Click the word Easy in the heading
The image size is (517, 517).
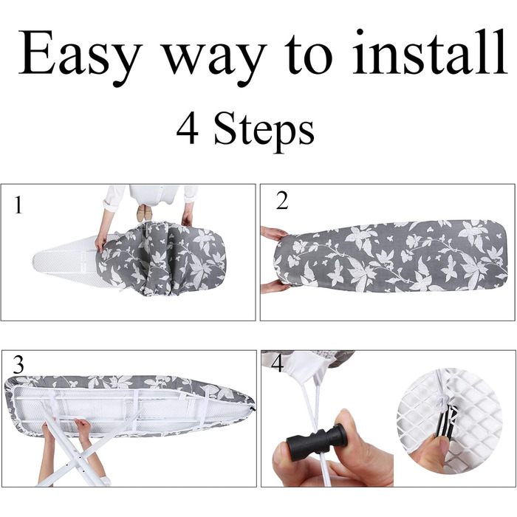point(80,55)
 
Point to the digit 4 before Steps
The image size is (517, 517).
point(188,128)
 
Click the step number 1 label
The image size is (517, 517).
point(18,205)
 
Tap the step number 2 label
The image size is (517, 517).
point(282,200)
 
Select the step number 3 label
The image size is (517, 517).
point(18,365)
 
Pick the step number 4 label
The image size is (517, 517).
point(277,364)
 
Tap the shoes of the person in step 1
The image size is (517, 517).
point(145,213)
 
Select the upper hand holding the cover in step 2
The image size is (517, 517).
point(274,233)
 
